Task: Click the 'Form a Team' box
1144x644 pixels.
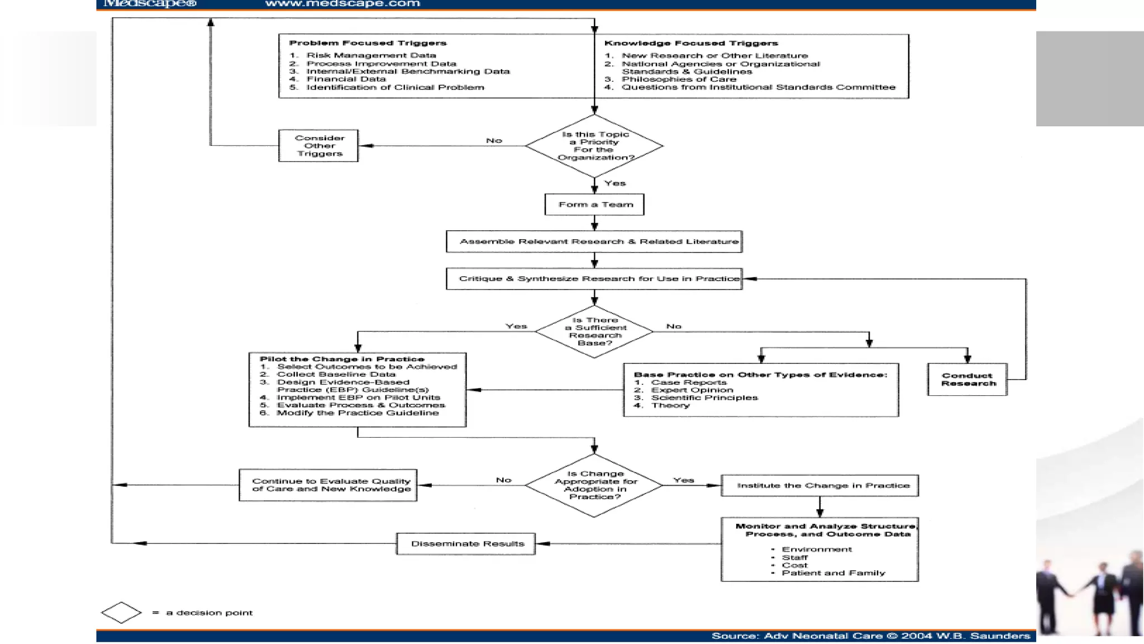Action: pyautogui.click(x=594, y=205)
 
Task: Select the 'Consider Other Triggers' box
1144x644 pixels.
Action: pyautogui.click(x=318, y=146)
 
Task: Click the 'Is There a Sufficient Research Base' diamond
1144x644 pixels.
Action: pyautogui.click(x=594, y=332)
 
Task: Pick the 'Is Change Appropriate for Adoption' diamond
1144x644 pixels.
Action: pyautogui.click(x=594, y=485)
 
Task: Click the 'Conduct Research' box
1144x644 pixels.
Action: pyautogui.click(x=967, y=380)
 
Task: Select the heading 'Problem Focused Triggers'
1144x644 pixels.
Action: pyautogui.click(x=368, y=43)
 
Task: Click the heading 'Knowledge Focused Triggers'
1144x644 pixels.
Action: pyautogui.click(x=691, y=43)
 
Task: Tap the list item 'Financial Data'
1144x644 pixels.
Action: pyautogui.click(x=346, y=79)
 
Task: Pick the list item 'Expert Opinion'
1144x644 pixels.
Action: pyautogui.click(x=692, y=390)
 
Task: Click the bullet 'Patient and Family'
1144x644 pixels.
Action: pyautogui.click(x=833, y=573)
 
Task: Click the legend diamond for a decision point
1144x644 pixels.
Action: pyautogui.click(x=121, y=613)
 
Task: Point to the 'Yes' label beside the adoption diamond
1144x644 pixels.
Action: pyautogui.click(x=683, y=480)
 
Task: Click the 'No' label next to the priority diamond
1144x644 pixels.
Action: pyautogui.click(x=494, y=140)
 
